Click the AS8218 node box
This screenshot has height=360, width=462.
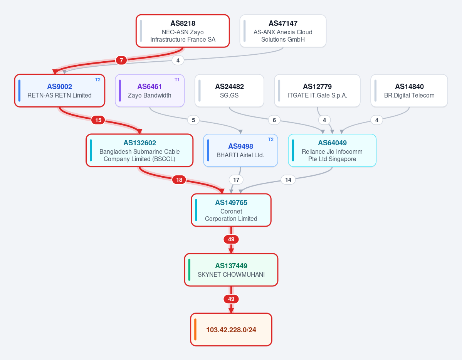(x=183, y=31)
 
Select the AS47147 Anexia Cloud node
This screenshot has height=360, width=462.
(x=283, y=31)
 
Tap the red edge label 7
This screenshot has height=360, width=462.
(x=121, y=61)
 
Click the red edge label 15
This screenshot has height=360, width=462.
(x=98, y=120)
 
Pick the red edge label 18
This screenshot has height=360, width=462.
(x=179, y=180)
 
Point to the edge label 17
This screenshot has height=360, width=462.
(x=236, y=180)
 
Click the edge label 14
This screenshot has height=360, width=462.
(x=288, y=180)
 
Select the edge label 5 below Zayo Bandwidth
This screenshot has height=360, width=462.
(x=193, y=120)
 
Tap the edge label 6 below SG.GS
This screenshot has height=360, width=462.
(x=274, y=120)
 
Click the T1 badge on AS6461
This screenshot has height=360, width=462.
(x=177, y=80)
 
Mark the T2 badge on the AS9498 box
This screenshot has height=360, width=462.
(x=271, y=140)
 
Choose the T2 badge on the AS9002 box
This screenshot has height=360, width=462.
(x=98, y=80)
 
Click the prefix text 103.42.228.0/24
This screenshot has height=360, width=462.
(x=231, y=330)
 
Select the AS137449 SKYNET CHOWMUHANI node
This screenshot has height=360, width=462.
(x=231, y=270)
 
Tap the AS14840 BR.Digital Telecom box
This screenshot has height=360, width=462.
(x=409, y=91)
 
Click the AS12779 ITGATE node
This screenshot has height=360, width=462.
(x=318, y=91)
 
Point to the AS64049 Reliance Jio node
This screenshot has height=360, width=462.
(x=332, y=150)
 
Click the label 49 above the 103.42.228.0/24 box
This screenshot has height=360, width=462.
(x=231, y=299)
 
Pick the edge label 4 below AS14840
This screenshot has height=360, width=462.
(x=376, y=120)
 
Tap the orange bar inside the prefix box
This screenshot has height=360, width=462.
(x=195, y=329)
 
